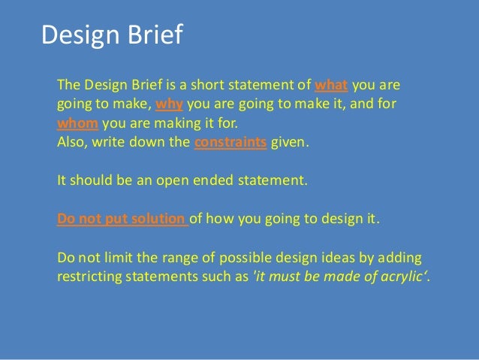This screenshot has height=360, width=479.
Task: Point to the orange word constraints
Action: click(230, 141)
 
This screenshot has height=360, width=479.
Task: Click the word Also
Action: click(72, 141)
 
